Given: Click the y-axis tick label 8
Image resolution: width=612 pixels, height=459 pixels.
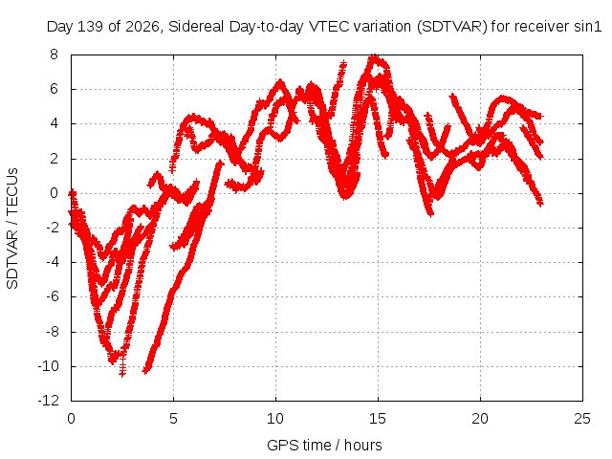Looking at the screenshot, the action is [x=54, y=55].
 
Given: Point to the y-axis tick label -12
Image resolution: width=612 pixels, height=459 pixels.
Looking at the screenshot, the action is [x=49, y=401].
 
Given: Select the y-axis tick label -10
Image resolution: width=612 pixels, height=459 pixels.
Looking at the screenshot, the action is [x=49, y=366].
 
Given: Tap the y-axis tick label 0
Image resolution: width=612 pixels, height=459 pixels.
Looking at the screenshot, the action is [x=54, y=193].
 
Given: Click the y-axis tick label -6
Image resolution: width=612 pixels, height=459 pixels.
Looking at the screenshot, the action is [x=53, y=296].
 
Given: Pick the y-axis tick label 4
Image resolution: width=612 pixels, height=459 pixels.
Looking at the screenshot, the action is [x=54, y=123].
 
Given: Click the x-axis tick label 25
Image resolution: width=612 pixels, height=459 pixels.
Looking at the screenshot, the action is [x=582, y=419].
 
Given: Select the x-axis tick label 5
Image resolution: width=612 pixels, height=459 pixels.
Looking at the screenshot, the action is [x=173, y=419].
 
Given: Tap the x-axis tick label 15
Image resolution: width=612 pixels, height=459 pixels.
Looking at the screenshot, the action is [x=378, y=419].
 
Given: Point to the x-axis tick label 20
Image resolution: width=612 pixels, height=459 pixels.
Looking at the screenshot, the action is [x=480, y=419].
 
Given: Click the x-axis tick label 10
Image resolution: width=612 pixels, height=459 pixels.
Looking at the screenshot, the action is [x=275, y=419].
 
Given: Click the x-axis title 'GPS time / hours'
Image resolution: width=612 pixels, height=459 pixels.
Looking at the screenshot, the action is [x=324, y=445].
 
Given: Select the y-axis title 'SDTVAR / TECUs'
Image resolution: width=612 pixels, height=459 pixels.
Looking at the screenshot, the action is [x=12, y=229].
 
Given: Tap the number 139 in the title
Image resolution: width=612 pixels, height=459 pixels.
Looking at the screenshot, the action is [x=92, y=27].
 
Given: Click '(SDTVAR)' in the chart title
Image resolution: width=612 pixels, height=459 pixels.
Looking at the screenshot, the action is [x=452, y=27].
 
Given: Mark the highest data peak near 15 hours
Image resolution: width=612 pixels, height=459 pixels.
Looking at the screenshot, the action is [x=374, y=56].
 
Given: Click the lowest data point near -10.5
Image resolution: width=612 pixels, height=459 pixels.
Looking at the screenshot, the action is [x=122, y=374].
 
